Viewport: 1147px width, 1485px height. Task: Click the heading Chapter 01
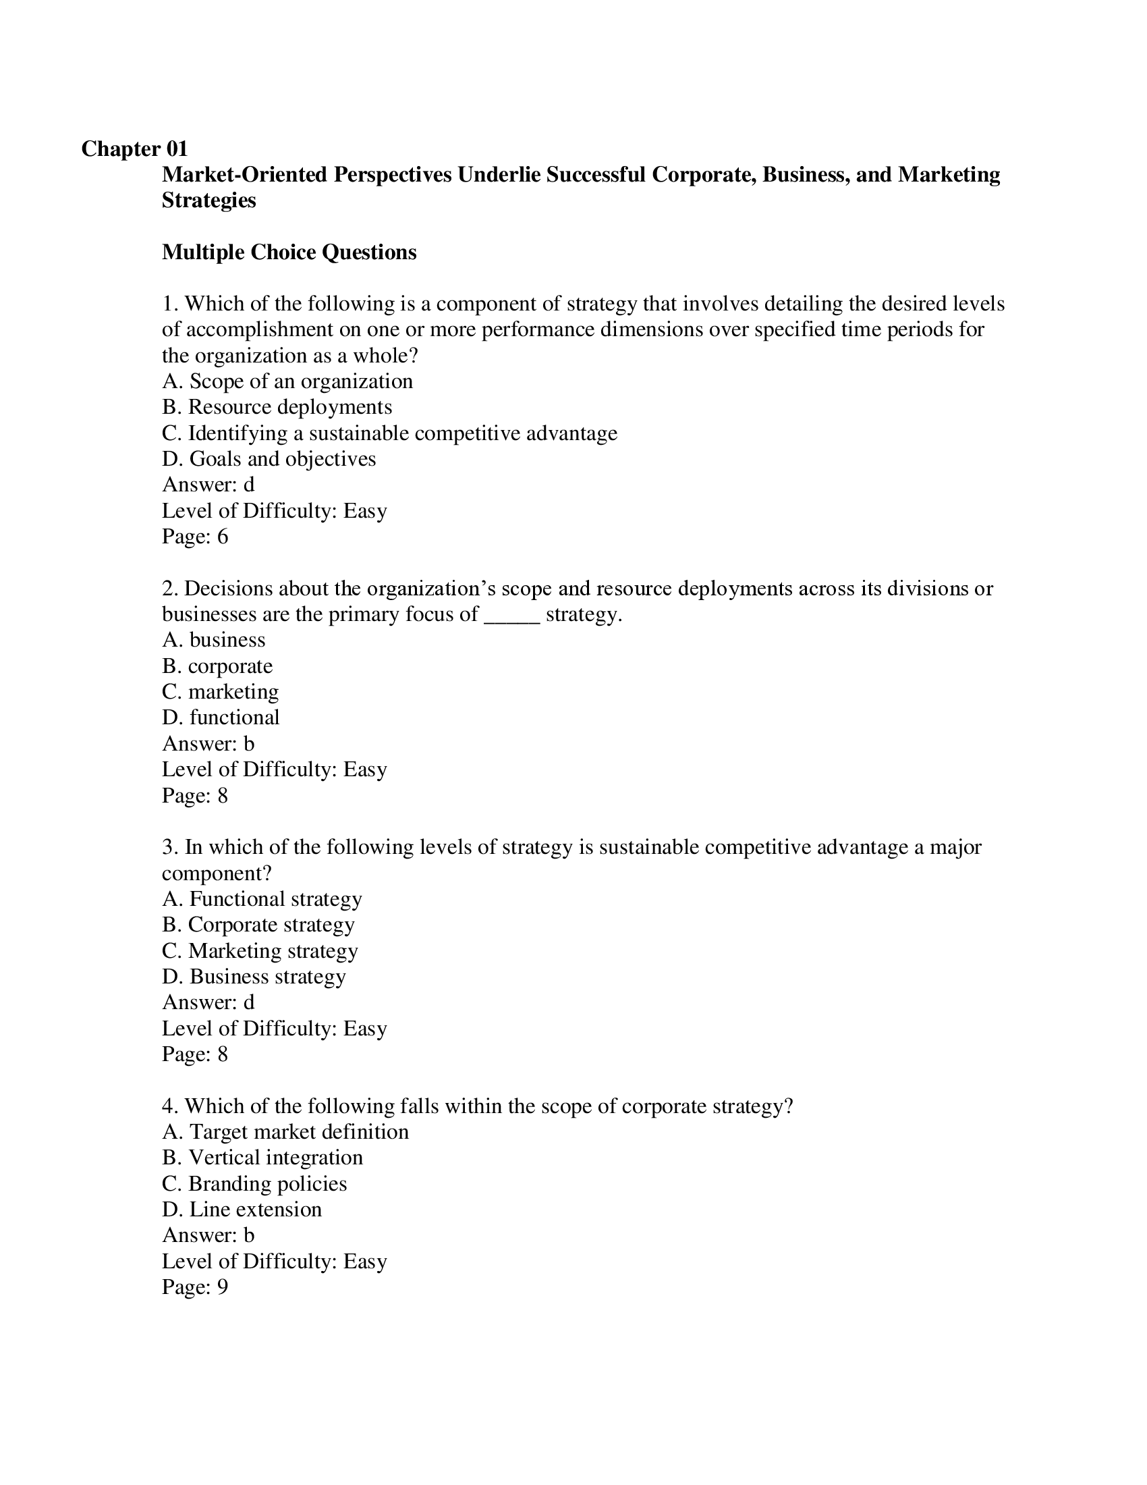134,149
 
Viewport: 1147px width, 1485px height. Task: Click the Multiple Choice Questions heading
289,252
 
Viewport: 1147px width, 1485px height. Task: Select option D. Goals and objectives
269,459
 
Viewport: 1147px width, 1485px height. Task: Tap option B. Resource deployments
277,407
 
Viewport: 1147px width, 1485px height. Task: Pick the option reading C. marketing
220,692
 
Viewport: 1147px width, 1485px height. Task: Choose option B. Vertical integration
262,1158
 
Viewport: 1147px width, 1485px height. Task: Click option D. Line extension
242,1210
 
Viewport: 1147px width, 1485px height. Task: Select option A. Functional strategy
262,899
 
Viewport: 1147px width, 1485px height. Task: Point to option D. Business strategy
254,977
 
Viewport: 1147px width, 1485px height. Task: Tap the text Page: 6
194,537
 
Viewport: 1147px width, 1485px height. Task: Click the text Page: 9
194,1288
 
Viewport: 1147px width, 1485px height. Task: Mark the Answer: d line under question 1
208,485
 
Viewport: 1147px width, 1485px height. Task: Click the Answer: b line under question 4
208,1235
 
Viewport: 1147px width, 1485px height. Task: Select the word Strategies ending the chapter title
208,200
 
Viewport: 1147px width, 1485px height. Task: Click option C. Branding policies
254,1184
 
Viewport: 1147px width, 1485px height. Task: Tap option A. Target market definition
285,1132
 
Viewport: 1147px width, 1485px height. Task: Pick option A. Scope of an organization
287,381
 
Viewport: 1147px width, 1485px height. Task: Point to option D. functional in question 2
221,718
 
